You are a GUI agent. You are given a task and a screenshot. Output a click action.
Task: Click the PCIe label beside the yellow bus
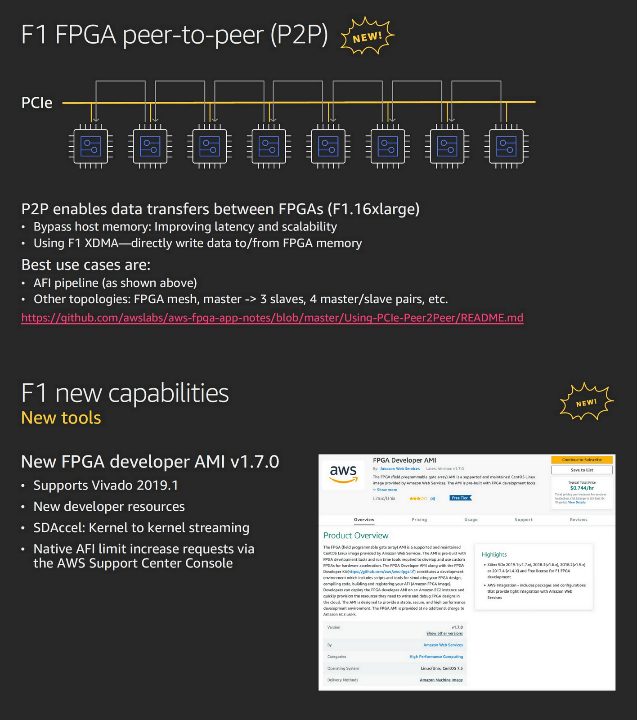click(37, 103)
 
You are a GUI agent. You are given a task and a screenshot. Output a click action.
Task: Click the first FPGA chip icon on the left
click(90, 146)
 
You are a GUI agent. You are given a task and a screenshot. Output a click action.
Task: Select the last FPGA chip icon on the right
click(506, 146)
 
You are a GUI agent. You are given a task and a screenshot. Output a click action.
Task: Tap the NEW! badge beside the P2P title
click(367, 36)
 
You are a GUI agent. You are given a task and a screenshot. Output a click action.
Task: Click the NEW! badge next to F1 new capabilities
click(586, 402)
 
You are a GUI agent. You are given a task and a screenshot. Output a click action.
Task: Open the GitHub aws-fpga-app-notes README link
click(272, 318)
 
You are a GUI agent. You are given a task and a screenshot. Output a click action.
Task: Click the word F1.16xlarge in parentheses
click(373, 209)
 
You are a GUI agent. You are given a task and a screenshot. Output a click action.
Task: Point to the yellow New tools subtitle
click(61, 418)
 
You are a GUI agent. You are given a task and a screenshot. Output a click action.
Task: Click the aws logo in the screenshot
click(343, 473)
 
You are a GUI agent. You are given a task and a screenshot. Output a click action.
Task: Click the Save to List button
click(582, 470)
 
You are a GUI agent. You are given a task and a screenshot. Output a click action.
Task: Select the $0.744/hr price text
click(582, 488)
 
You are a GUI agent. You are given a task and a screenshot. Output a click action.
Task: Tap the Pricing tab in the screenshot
click(419, 520)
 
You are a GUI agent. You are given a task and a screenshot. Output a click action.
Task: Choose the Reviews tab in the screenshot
click(579, 520)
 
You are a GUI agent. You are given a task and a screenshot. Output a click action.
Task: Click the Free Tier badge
click(460, 498)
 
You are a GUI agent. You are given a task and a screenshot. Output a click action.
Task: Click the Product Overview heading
click(355, 535)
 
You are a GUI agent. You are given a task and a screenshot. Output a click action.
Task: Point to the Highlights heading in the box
click(494, 554)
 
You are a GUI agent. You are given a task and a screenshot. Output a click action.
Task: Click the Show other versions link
click(444, 633)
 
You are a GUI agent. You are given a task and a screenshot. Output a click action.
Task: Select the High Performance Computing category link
click(436, 657)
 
